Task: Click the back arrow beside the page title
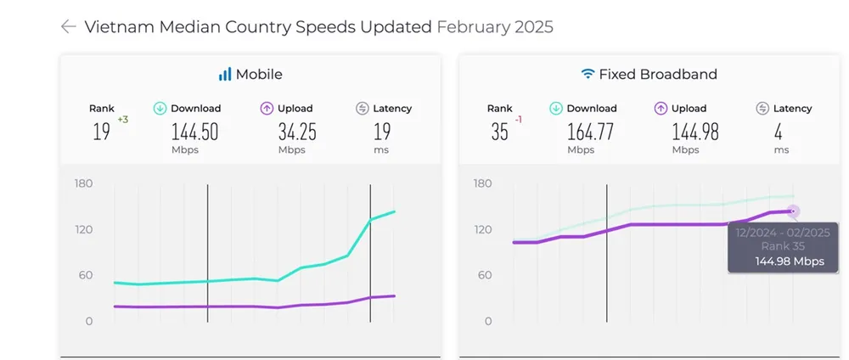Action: [x=69, y=26]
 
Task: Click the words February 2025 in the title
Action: [x=495, y=26]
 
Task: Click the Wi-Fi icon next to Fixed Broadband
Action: [x=588, y=75]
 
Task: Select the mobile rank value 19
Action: [x=101, y=132]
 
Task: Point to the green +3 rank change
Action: [x=122, y=120]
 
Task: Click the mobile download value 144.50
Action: [x=195, y=132]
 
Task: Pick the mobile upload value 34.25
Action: [x=296, y=132]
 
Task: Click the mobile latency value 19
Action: [x=381, y=132]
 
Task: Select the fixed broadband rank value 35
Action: [x=500, y=132]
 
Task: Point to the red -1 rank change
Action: [x=518, y=120]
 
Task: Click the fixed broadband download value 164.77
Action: [x=593, y=132]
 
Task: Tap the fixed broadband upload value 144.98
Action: [x=695, y=132]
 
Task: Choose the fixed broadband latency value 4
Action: [x=779, y=132]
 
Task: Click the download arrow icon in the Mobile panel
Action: [x=160, y=109]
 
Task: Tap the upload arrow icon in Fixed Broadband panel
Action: [x=661, y=109]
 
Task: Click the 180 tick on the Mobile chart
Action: [x=83, y=183]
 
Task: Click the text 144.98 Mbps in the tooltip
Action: [x=790, y=262]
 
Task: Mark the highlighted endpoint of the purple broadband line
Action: [x=794, y=211]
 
